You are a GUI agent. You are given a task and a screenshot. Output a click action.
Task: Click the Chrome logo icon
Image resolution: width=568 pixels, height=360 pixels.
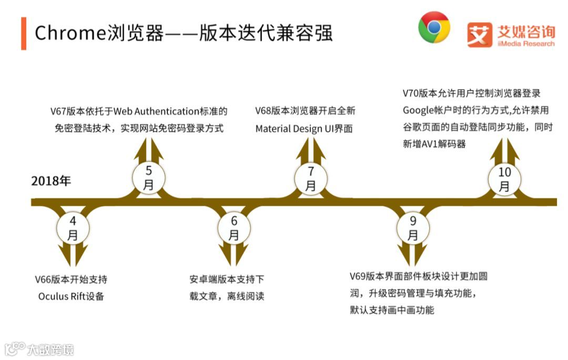click(x=434, y=27)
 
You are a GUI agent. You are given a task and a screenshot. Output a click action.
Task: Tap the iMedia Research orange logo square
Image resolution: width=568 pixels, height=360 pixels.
click(x=480, y=35)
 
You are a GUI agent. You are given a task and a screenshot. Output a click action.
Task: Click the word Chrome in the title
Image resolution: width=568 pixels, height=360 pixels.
click(x=66, y=33)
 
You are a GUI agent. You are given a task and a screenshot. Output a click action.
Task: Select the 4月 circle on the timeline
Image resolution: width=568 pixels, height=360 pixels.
click(x=72, y=228)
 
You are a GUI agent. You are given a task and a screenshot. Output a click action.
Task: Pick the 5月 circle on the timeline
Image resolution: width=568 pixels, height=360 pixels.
click(x=148, y=177)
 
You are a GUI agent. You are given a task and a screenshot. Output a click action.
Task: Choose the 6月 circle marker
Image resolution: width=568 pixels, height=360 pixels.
click(x=234, y=228)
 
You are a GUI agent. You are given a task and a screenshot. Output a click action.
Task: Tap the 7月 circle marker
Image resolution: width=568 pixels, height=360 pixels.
click(x=310, y=177)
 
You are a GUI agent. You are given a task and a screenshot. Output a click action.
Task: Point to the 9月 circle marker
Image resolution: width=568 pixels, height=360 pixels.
click(x=413, y=228)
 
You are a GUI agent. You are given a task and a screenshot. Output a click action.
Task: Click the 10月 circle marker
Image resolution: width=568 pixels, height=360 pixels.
click(x=504, y=179)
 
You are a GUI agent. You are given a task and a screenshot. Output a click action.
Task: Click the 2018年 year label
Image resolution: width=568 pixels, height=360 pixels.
click(x=51, y=181)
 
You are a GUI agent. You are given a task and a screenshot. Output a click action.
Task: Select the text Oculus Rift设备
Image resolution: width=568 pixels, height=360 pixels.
click(x=71, y=296)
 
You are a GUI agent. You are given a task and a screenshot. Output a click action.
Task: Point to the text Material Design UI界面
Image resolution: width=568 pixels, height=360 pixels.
click(x=304, y=128)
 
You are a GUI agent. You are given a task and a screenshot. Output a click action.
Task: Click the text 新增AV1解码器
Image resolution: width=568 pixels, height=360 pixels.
click(x=434, y=144)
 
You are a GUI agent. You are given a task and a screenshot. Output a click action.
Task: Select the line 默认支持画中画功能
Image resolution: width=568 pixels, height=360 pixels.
click(x=392, y=310)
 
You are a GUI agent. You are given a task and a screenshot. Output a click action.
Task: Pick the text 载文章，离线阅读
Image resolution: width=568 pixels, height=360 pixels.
click(x=227, y=296)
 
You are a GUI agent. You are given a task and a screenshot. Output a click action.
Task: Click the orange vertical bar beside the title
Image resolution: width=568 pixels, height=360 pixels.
click(x=24, y=33)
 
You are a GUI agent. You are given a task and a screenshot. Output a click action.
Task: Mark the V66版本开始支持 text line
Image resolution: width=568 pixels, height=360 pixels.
click(x=70, y=279)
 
